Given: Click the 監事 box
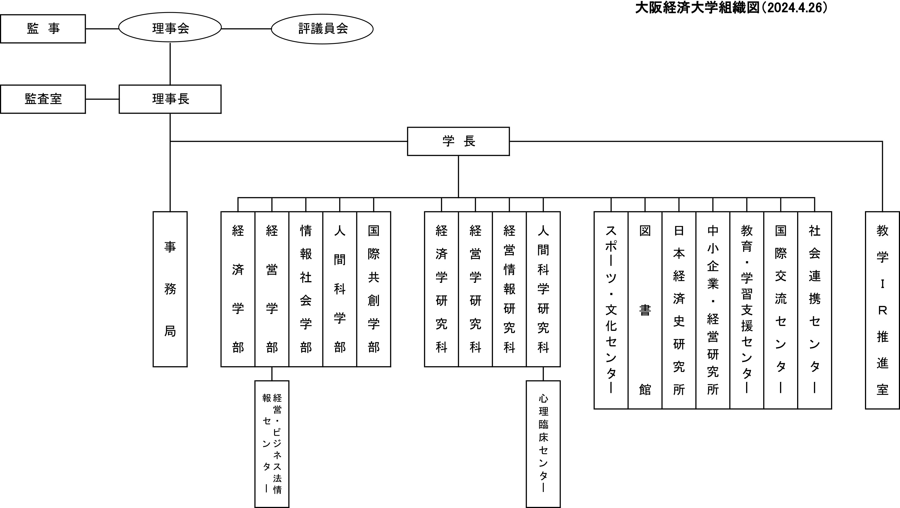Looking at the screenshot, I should coord(43,29).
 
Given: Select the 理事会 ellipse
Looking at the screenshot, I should coord(170,28).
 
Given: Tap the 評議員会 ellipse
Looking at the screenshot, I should coord(322,29).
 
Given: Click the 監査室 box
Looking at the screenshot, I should coord(43,99).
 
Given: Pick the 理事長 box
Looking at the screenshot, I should coord(170,99).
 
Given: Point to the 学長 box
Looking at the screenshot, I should coord(458,141).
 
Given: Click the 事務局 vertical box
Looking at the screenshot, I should coord(170,289).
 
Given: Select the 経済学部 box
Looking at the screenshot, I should coord(238,289).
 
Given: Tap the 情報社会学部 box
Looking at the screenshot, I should coord(306,289).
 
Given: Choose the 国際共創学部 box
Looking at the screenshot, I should coord(373,289).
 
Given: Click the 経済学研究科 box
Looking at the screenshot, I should coord(441,289).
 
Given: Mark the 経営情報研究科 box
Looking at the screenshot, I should coord(509,289).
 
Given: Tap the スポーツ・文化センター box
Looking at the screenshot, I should coord(611,310).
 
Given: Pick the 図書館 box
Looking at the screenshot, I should coord(645,310).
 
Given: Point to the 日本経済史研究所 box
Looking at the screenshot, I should coord(679,310).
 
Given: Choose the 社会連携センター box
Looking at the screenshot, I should coord(814,310).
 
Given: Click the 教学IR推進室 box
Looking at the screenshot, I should coord(882,310).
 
